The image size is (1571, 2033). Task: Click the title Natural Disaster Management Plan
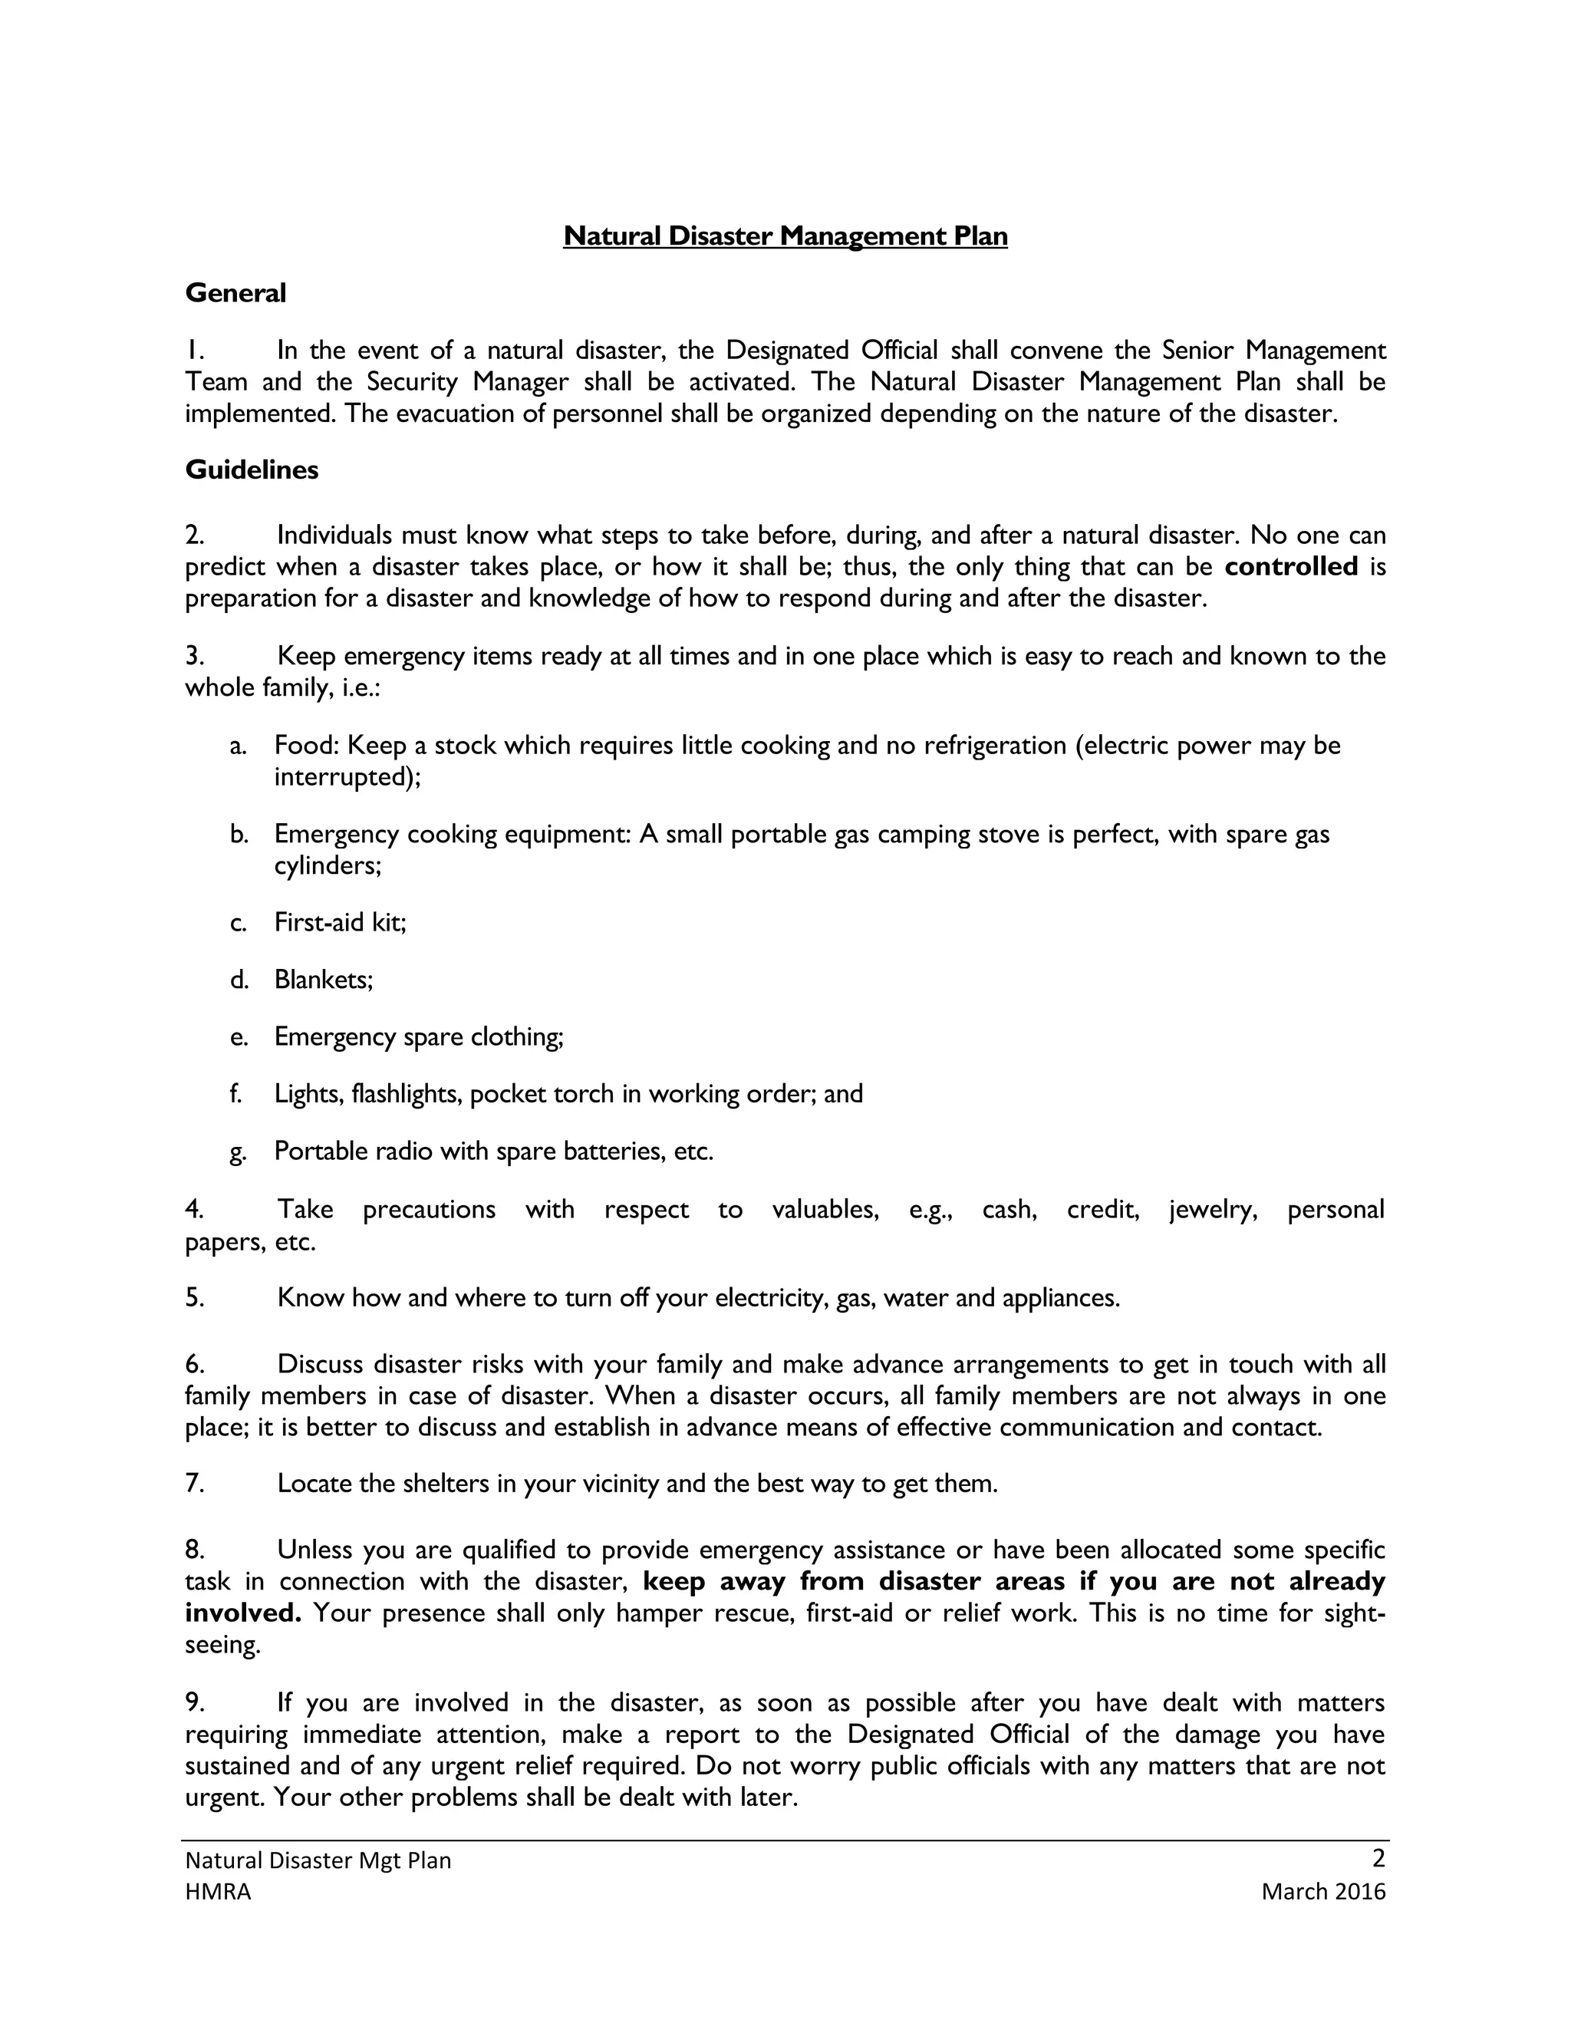tap(785, 236)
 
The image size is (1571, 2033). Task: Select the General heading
tap(235, 293)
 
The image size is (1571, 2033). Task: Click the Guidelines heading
tap(252, 470)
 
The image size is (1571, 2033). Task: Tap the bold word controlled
tap(1291, 567)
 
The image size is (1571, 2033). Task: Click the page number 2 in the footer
tap(1378, 1858)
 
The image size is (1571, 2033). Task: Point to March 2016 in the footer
tap(1323, 1892)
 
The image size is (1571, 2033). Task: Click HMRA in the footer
tap(218, 1892)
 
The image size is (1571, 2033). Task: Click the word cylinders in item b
tap(327, 865)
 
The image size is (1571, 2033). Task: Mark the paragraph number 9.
tap(193, 1702)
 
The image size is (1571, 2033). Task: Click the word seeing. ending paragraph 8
tap(222, 1646)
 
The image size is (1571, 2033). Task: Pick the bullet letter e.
tap(239, 1037)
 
